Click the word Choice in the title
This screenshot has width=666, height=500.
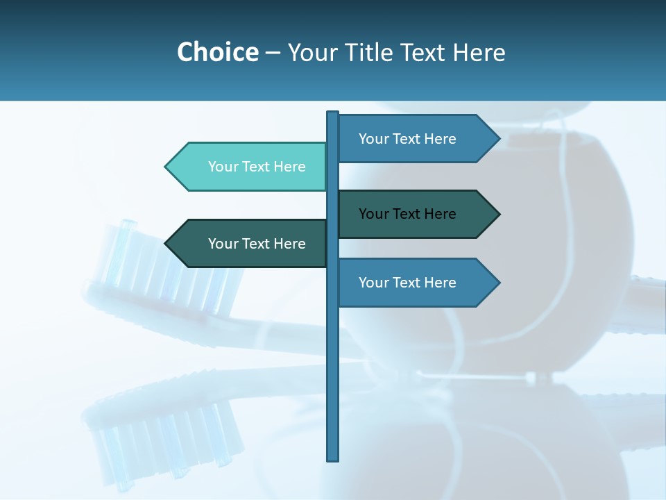pyautogui.click(x=217, y=52)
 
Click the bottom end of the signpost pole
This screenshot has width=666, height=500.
pyautogui.click(x=333, y=458)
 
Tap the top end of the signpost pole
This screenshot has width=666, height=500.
pyautogui.click(x=333, y=113)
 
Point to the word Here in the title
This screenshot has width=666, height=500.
pyautogui.click(x=479, y=52)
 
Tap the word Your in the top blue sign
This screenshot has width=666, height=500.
pyautogui.click(x=373, y=139)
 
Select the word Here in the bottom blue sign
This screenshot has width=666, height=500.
pyautogui.click(x=440, y=283)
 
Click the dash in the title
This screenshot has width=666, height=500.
pyautogui.click(x=273, y=53)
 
